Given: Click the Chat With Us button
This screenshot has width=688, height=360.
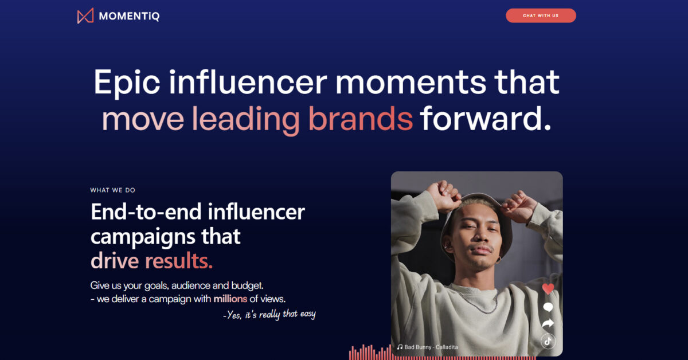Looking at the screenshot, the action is coord(541,15).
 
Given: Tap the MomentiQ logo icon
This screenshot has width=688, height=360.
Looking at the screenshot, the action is coord(85,16).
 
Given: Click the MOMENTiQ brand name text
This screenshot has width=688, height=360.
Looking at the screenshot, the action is coord(130,16).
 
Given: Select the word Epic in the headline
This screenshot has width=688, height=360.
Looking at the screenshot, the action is coord(127,83).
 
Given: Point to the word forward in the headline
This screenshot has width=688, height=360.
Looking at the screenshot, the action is coord(486,118).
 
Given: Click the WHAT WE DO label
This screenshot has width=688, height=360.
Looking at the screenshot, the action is coord(113,190).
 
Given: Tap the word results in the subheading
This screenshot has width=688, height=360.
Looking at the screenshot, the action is coord(179,261).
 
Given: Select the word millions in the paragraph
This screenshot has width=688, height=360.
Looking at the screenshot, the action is coord(230,299).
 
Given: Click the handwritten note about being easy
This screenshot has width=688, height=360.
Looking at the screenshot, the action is coord(269,315).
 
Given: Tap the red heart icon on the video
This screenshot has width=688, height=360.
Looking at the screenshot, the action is coord(548,289).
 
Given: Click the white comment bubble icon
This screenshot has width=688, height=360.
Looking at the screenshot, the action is coord(548,307).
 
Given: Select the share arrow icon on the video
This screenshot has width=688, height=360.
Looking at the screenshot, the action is coord(548,323).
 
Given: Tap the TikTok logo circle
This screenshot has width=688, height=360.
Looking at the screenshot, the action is coord(548,341).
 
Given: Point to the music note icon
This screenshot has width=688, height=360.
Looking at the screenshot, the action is coord(400,347).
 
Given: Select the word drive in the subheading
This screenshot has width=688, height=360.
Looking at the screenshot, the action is coord(115,261).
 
